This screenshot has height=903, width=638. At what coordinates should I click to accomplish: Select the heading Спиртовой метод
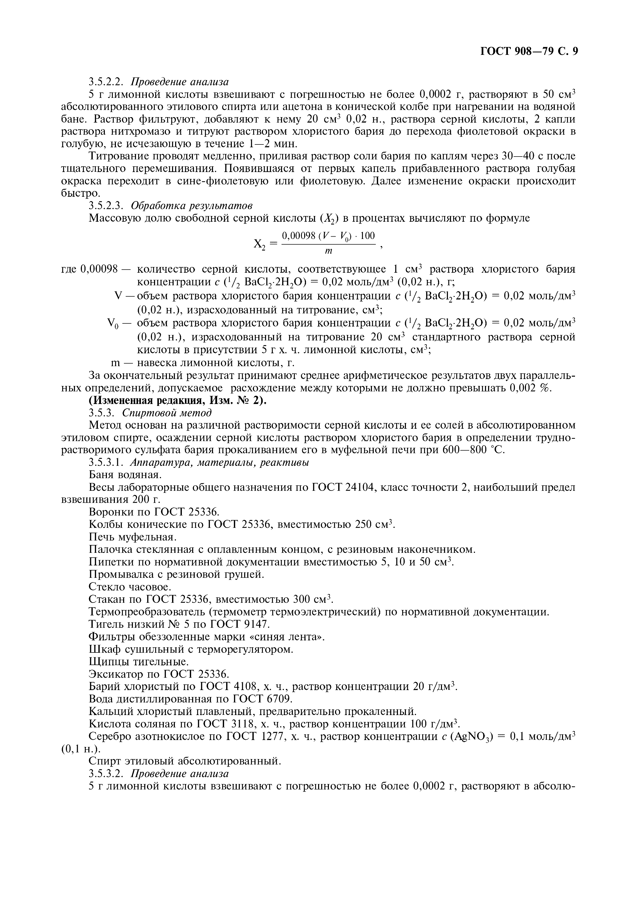tap(167, 413)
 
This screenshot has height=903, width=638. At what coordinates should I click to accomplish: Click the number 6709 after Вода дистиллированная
tap(276, 699)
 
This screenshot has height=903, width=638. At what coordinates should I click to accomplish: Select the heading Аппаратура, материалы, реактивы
tap(219, 462)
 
